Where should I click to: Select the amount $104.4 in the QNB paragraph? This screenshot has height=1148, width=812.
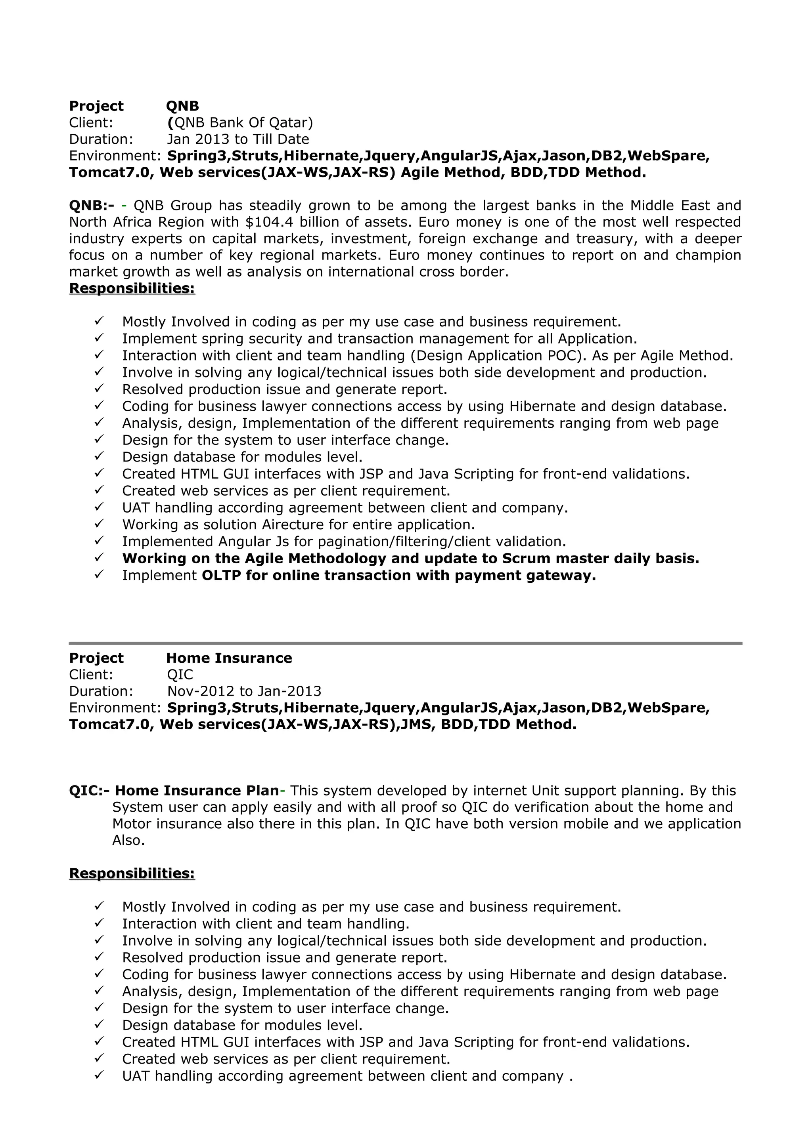tap(270, 222)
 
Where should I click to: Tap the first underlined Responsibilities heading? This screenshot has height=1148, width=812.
tap(132, 288)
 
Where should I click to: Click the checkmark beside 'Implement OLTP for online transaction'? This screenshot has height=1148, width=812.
tap(99, 574)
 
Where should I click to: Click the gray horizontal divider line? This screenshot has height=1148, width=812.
tap(405, 643)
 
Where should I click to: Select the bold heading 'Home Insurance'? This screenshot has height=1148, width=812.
tap(229, 658)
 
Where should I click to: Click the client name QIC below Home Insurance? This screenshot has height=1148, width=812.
tap(180, 675)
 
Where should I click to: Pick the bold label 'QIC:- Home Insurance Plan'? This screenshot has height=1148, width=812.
tap(174, 791)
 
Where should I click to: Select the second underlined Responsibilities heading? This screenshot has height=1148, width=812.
tap(132, 873)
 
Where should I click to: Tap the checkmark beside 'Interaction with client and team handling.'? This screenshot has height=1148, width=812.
tap(99, 923)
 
